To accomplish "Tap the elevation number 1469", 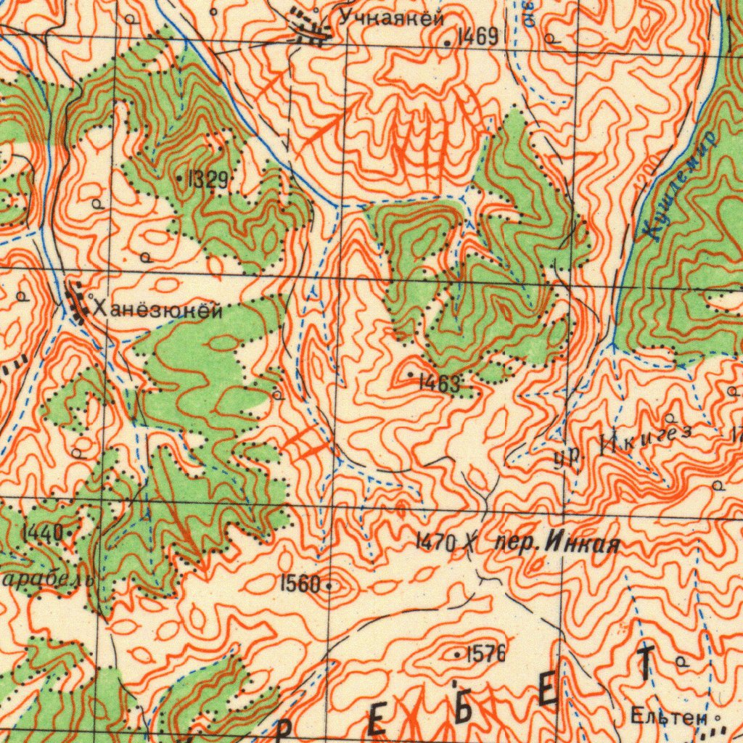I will pos(477,37).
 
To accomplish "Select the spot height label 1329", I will pos(208,179).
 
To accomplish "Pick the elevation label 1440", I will pos(42,533).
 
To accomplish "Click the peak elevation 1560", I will pos(300,582).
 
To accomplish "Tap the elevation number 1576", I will pos(485,654).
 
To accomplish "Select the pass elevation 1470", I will pos(435,541).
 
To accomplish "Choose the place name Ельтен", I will pos(668,718).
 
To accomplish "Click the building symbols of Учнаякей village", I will pos(308,27).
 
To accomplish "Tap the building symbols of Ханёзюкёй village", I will pos(75,303).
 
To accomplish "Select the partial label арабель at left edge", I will pos(47,580).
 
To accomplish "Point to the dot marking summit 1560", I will pos(329,584).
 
